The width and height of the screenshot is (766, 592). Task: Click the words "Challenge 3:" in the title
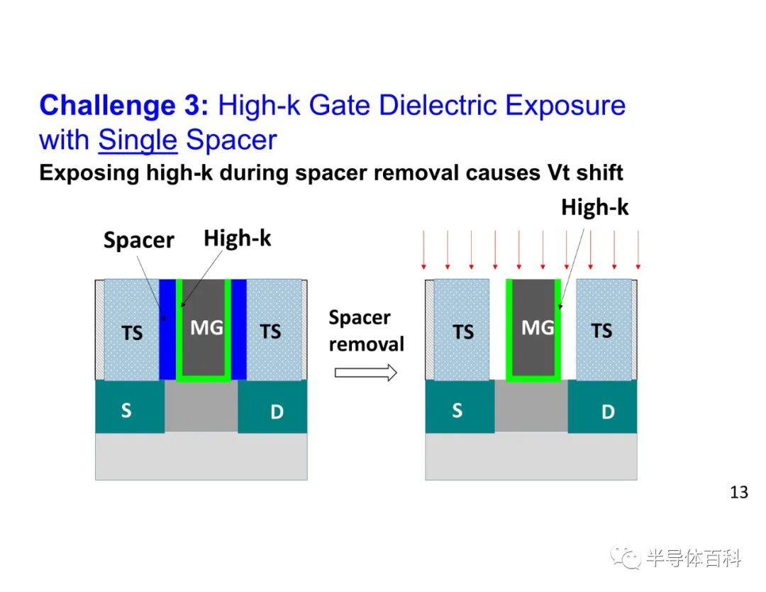point(123,104)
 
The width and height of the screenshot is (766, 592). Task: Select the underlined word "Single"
point(138,141)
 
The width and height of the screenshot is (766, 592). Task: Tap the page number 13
point(738,492)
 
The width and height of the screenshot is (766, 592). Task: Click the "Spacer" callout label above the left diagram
point(139,240)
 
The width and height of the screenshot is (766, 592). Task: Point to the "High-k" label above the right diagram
point(594,207)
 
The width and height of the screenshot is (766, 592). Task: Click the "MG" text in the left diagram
point(206,327)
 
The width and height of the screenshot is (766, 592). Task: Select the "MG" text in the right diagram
point(538,327)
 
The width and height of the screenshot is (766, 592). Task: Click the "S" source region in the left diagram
point(130,407)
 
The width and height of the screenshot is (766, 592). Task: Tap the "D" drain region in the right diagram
point(602,407)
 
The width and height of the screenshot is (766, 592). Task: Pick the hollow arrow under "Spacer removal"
point(366,373)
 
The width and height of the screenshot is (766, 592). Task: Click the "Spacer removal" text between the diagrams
point(367,331)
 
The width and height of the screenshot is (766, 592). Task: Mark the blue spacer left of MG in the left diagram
point(167,329)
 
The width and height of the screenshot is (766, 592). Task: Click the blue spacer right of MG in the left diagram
point(238,329)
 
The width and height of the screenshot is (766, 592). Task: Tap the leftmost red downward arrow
point(423,250)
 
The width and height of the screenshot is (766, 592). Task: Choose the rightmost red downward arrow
point(638,250)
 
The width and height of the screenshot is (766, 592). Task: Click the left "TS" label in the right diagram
point(463,332)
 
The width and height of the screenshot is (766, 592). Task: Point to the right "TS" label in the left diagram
point(270,331)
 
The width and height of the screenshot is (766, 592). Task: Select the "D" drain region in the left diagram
point(272,407)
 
